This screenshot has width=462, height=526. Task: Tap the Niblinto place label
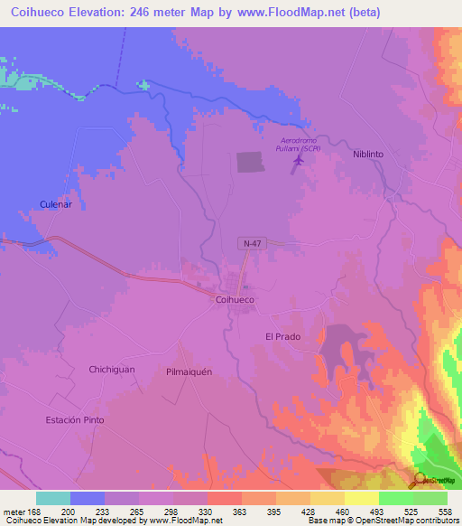(367, 155)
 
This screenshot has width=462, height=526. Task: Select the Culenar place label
(55, 205)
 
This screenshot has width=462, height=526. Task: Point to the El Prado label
(282, 337)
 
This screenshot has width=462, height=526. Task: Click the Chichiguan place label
(112, 369)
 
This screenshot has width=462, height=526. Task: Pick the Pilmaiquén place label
(189, 371)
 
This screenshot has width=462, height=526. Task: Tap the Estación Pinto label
(75, 420)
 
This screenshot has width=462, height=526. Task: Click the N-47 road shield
(254, 244)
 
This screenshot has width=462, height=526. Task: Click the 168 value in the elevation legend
(32, 511)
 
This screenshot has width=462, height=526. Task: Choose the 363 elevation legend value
(241, 511)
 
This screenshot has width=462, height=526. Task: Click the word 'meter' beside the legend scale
(14, 511)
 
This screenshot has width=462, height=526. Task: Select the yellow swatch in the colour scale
(361, 498)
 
